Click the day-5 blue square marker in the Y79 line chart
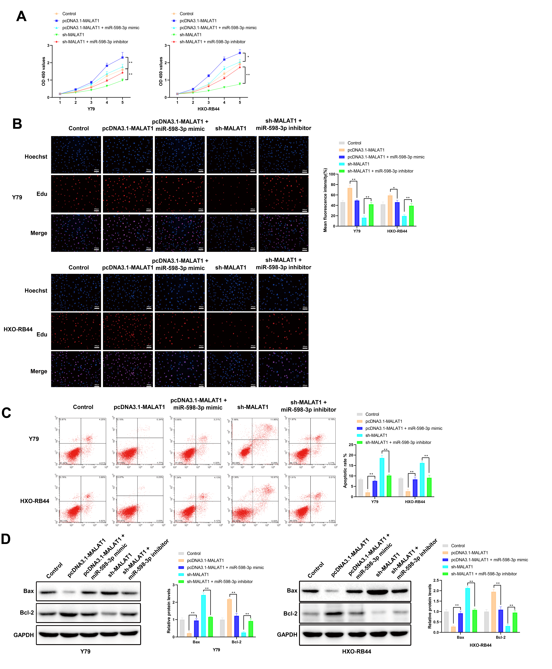[122, 58]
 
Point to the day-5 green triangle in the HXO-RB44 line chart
[240, 84]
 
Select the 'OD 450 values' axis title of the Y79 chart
[44, 72]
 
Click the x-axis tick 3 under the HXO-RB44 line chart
[209, 102]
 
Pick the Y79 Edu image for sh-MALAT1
[232, 194]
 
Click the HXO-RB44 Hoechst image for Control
[76, 293]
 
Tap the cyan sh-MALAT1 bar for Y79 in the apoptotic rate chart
[382, 477]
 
